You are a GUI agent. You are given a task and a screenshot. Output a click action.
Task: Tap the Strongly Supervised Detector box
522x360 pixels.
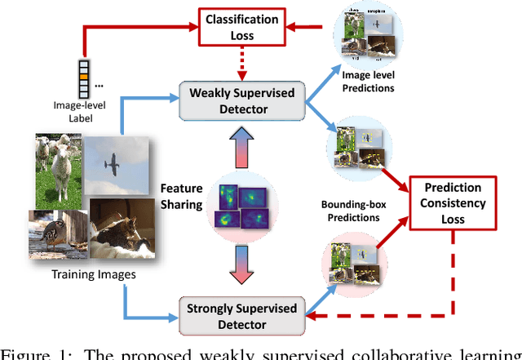coord(242,309)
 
